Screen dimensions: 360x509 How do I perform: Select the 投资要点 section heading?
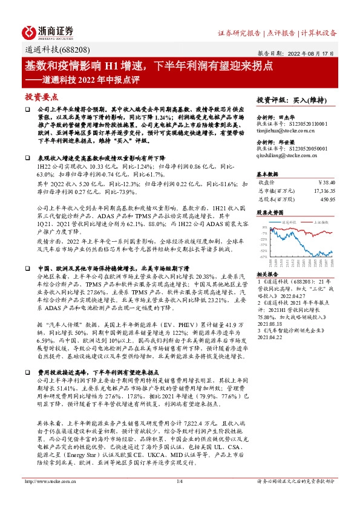click(41, 96)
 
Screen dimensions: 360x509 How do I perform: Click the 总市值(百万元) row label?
click(275, 190)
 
